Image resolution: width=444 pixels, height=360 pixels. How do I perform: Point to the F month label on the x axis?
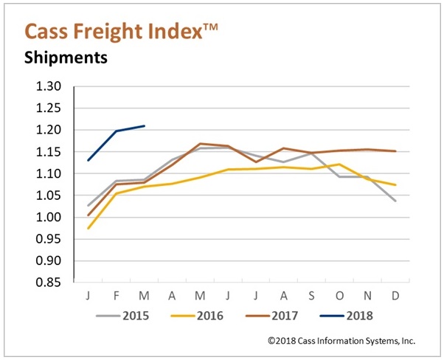pyautogui.click(x=116, y=295)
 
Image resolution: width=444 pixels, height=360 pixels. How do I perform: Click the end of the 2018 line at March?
pyautogui.click(x=145, y=126)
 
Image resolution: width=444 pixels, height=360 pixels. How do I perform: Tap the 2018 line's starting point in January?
pyautogui.click(x=89, y=160)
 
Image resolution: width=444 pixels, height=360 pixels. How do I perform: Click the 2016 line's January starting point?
pyautogui.click(x=89, y=228)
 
